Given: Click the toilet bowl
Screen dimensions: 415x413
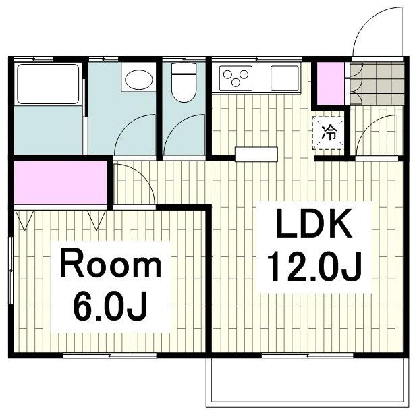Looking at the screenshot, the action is pos(184,82).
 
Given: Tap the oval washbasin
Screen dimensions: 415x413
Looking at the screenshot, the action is pos(139,80).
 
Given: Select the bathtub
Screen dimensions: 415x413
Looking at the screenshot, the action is pos(48,84).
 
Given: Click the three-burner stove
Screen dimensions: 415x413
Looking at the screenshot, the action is pos(236,78).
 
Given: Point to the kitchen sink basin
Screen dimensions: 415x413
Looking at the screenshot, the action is pos(285,78).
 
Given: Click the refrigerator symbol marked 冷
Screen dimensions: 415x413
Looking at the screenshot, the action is pos(329,133).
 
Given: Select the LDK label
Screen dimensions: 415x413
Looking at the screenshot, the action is pos(314,223).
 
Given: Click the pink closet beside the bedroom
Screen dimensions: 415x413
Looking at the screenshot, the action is pos(61,182).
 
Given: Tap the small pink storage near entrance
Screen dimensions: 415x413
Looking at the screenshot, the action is pos(331,83).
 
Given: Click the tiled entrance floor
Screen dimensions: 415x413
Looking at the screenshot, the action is pos(377,84).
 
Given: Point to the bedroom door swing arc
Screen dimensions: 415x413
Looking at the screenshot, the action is pos(143,175).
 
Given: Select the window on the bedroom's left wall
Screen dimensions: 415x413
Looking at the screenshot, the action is pos(11,271).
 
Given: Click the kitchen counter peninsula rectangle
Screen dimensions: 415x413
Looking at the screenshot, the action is pos(256,154).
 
